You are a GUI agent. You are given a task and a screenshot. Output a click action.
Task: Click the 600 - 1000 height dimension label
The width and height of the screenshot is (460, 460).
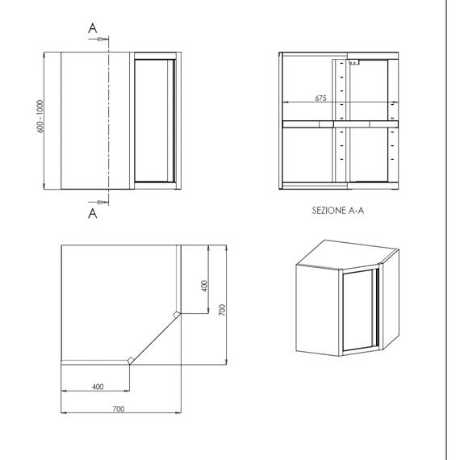pyautogui.click(x=40, y=116)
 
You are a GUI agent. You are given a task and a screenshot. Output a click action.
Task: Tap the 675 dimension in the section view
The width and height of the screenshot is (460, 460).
pyautogui.click(x=320, y=98)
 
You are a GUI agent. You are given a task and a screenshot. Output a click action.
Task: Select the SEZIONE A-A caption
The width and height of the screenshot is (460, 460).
pyautogui.click(x=337, y=211)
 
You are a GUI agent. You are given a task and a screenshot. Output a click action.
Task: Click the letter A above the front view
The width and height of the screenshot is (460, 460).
pyautogui.click(x=93, y=28)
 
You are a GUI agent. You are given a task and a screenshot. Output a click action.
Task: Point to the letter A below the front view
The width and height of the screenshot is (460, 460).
pyautogui.click(x=93, y=214)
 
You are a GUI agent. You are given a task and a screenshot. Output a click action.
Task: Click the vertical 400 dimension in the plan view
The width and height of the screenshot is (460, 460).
pyautogui.click(x=204, y=286)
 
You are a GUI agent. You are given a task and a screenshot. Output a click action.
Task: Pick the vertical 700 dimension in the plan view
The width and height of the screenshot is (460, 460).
pyautogui.click(x=223, y=310)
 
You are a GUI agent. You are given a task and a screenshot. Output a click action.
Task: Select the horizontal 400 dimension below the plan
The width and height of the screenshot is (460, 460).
pyautogui.click(x=98, y=387)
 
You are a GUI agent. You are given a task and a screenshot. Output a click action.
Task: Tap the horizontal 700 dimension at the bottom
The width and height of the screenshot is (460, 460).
pyautogui.click(x=119, y=408)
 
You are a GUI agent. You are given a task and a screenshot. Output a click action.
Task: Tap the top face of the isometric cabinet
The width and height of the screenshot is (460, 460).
pyautogui.click(x=348, y=254)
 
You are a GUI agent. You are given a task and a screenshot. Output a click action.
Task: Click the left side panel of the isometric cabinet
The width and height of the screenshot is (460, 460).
pyautogui.click(x=318, y=310)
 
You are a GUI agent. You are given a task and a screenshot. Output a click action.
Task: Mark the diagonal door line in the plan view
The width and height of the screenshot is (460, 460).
pyautogui.click(x=155, y=339)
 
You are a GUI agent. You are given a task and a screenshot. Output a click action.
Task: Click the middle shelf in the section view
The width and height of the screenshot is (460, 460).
pyautogui.click(x=341, y=124)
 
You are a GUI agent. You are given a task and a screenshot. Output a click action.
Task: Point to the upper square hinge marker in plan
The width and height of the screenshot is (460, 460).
pyautogui.click(x=176, y=315)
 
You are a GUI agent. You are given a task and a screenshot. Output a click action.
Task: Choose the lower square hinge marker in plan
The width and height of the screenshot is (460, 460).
pyautogui.click(x=131, y=360)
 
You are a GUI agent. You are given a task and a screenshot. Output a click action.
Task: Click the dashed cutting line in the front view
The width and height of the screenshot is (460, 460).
pyautogui.click(x=109, y=120)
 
